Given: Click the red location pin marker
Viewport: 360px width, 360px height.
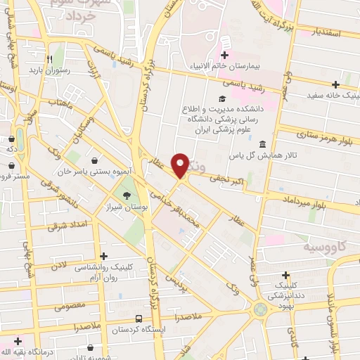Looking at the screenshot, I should pos(181,165).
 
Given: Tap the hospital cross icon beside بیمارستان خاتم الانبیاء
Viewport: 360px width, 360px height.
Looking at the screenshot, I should pos(224,56).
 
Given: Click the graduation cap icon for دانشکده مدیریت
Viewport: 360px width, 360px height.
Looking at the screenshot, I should pos(223,98).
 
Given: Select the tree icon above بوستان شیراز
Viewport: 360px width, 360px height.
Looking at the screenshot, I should pos(127,196).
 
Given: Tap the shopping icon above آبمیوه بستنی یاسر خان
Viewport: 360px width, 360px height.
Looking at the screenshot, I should pos(95,160).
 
